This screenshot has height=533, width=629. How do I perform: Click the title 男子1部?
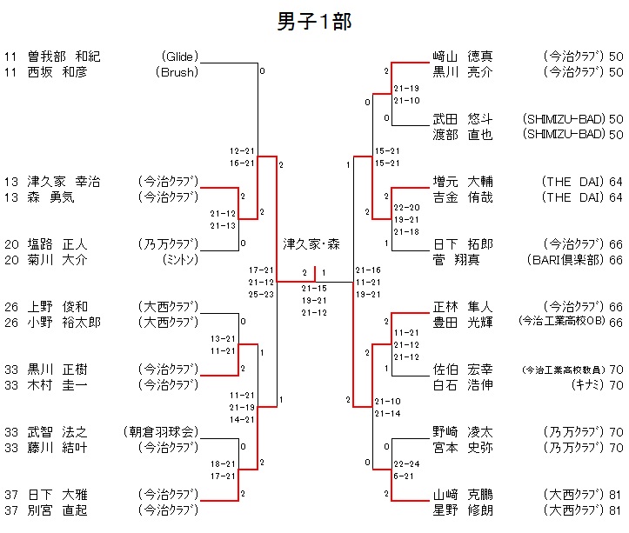(314, 22)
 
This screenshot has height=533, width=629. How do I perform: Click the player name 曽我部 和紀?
(64, 57)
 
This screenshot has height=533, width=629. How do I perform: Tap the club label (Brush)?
(177, 72)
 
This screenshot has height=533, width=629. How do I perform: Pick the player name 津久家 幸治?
(64, 182)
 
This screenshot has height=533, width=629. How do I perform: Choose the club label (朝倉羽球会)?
(161, 432)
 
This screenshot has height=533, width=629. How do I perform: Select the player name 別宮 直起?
(57, 510)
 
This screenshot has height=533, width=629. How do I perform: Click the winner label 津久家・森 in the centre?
(311, 244)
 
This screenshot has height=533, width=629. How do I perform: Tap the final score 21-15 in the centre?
(314, 289)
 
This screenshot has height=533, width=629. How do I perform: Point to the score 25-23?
(262, 295)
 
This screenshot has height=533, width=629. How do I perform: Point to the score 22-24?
(405, 464)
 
